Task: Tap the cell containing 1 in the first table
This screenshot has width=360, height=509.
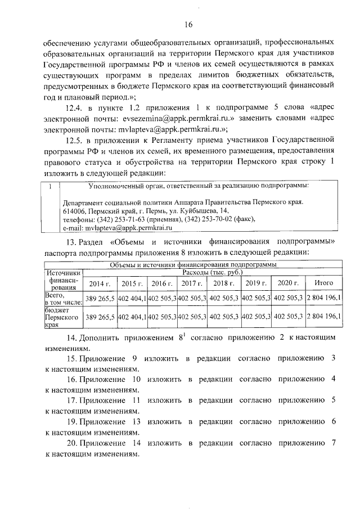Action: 51,186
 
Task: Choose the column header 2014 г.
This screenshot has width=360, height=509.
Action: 100,283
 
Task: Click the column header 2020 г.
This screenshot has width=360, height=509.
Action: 288,283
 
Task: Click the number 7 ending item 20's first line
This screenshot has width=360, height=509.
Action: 334,442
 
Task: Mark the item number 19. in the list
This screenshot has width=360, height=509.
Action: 72,421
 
